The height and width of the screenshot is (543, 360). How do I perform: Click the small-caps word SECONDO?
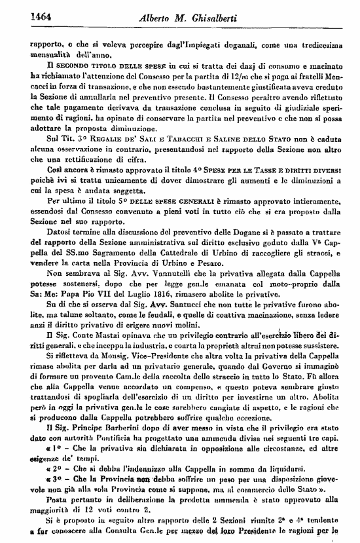(x=60, y=67)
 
